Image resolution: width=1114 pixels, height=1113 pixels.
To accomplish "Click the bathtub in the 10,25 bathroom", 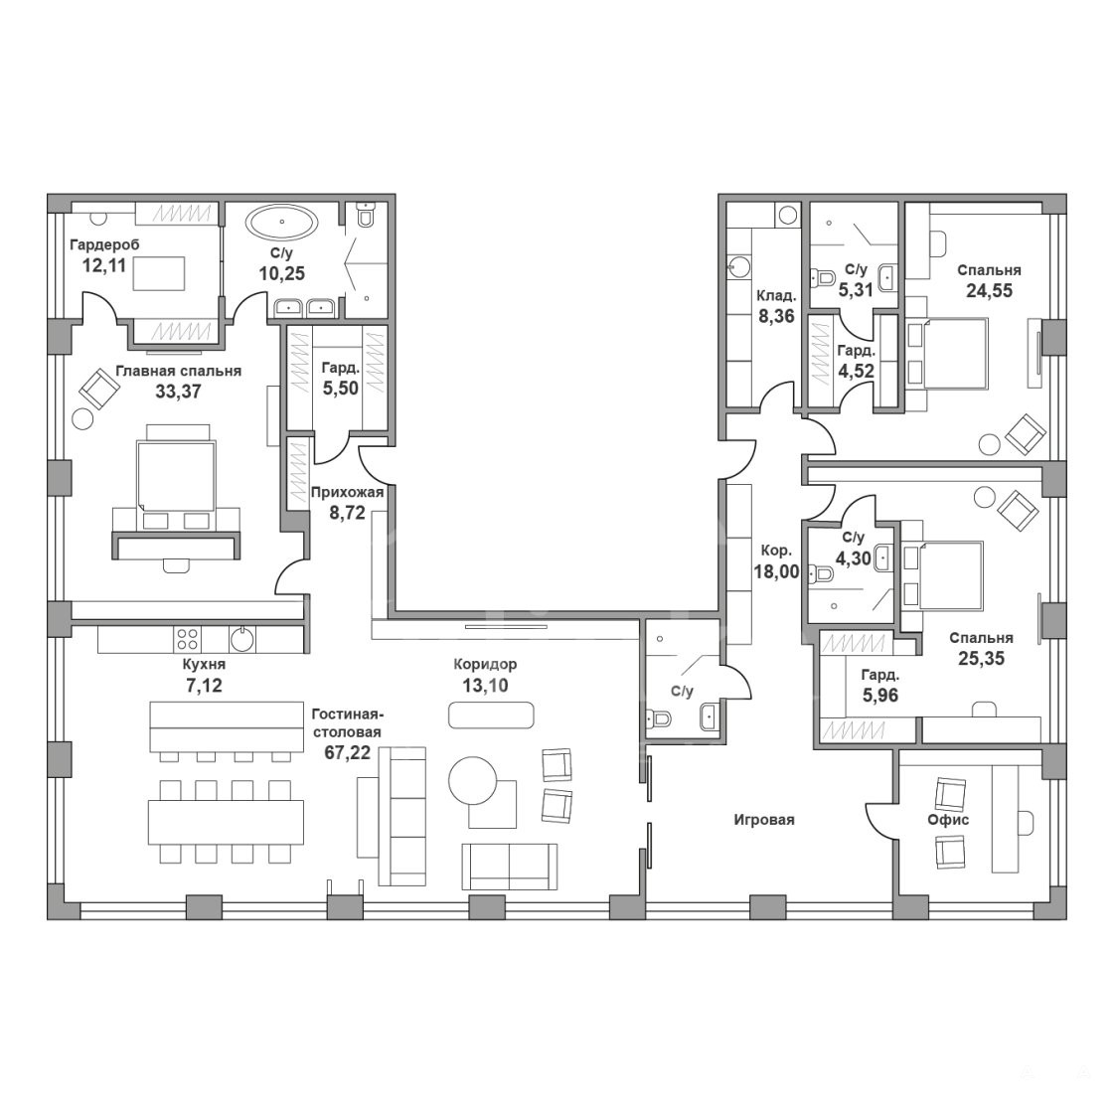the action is [x=282, y=223].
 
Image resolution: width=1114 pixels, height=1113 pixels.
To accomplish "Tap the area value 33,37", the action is [x=178, y=391].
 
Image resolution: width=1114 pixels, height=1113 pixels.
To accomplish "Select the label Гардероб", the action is [x=104, y=244].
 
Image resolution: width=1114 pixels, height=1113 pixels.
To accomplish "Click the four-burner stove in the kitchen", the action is [x=188, y=639].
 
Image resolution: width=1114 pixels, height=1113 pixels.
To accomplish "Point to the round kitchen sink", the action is [x=242, y=639].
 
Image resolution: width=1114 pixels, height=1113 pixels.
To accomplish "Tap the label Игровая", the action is [x=764, y=820].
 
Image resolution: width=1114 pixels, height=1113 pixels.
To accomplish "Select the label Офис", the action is [x=948, y=820].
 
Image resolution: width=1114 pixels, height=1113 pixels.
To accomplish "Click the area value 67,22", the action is [x=348, y=753].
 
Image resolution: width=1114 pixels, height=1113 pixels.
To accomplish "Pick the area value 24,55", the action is [x=989, y=290].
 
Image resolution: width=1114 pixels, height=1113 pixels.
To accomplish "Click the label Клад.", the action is [x=776, y=295].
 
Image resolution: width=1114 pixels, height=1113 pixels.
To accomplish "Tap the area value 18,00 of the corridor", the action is [x=776, y=571].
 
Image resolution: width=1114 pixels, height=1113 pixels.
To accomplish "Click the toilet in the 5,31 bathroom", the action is [x=824, y=275].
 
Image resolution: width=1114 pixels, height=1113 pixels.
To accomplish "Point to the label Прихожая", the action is [x=347, y=492].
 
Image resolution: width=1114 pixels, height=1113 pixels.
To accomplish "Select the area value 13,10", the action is [x=485, y=686].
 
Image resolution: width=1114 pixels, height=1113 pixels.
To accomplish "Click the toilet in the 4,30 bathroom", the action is [x=824, y=572].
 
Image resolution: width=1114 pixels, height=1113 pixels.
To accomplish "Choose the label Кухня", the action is [x=204, y=665].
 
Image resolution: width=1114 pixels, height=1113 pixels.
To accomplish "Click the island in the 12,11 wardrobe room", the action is [x=159, y=273].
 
